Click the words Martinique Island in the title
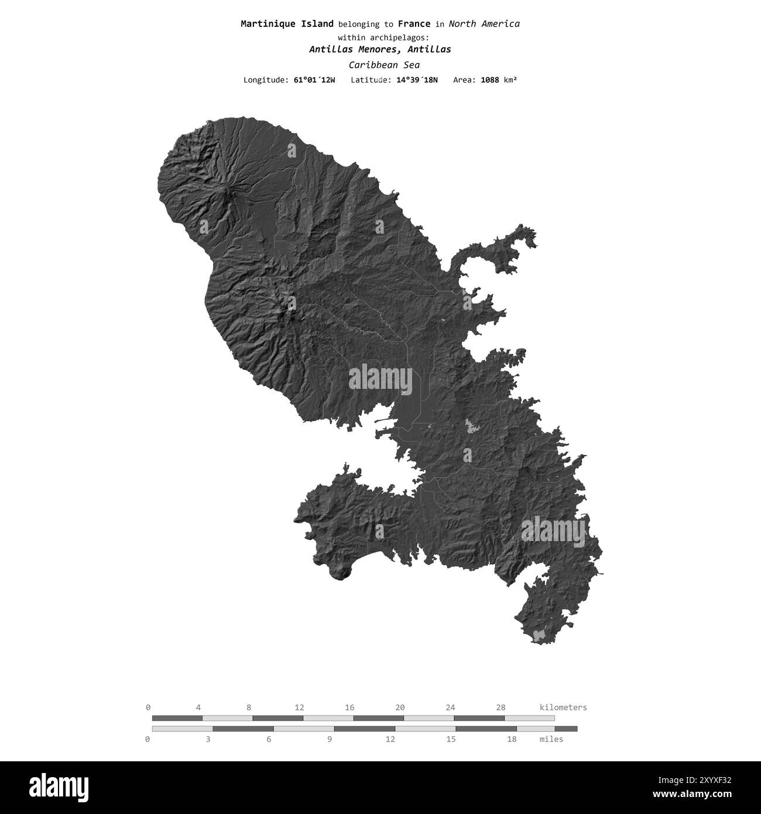coord(287,24)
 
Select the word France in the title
coord(414,24)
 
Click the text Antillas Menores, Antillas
coord(380,50)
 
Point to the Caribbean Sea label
coord(383,65)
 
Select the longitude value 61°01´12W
coord(314,80)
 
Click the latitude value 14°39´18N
coord(416,80)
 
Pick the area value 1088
coord(489,80)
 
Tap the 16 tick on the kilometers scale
coord(349,707)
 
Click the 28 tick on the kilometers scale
coord(501,707)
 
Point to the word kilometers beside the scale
coord(563,707)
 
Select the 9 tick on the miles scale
coord(330,739)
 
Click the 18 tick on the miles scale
coord(511,739)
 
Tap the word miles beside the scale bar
coord(551,739)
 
